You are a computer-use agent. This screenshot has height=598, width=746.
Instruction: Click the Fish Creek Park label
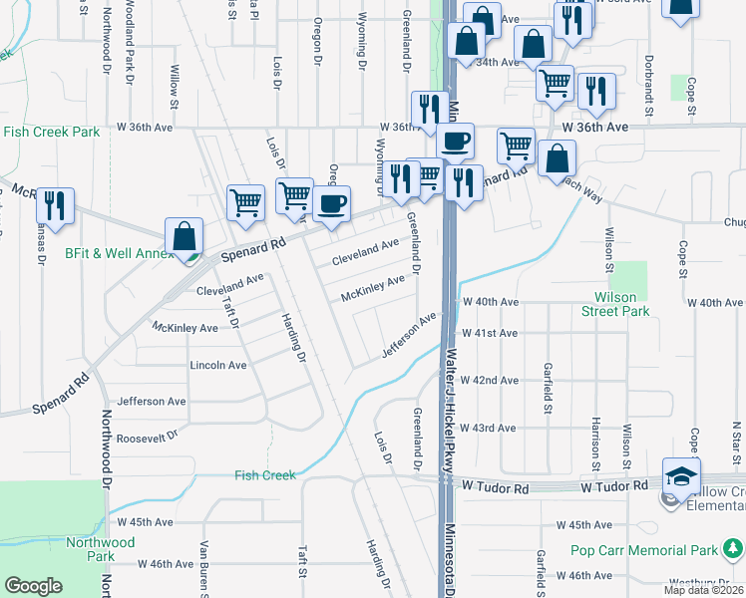click(51, 132)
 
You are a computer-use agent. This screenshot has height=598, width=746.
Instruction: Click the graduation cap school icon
click(682, 477)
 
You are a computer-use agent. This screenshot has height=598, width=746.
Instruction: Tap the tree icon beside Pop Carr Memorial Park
click(733, 548)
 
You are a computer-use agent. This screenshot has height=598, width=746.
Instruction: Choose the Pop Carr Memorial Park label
click(644, 550)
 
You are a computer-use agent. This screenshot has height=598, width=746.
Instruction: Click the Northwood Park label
click(100, 549)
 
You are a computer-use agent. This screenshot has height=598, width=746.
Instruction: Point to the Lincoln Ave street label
click(218, 366)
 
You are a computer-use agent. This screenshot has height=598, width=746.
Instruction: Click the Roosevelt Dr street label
click(146, 436)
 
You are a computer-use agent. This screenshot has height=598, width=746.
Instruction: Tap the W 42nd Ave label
click(489, 381)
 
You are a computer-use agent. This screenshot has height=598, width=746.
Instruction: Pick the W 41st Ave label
click(489, 333)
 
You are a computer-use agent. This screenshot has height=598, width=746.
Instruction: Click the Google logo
click(34, 586)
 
